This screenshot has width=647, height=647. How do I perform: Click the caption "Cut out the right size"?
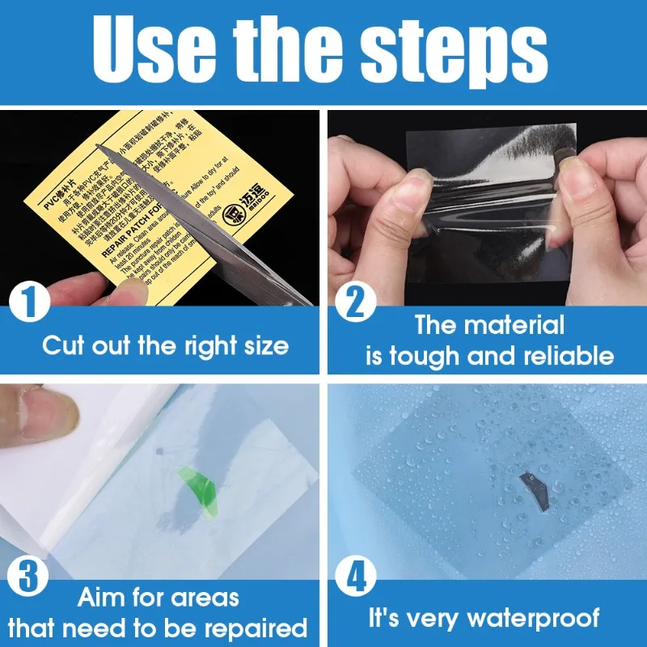(x=165, y=347)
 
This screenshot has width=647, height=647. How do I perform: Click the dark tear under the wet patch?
(x=534, y=489)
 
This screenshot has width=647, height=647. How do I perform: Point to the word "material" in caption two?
(x=514, y=325)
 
